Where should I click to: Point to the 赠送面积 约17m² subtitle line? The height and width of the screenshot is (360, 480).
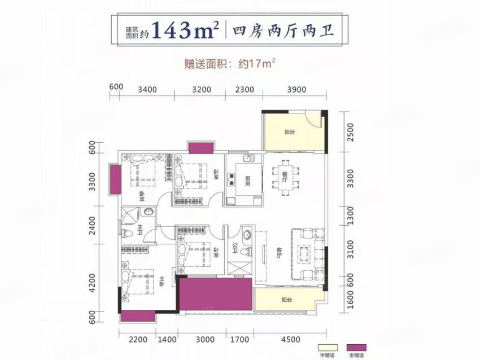click(x=240, y=64)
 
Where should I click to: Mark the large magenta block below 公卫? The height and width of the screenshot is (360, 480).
click(x=215, y=294)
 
